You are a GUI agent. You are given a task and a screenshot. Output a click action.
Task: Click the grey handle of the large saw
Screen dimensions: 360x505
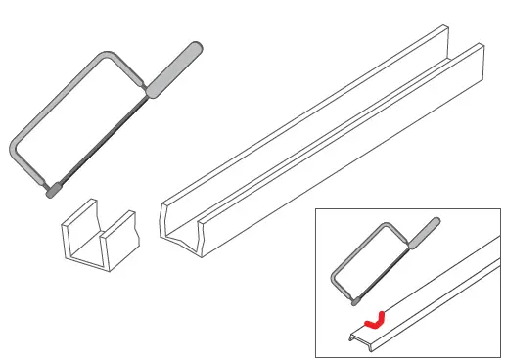click(x=176, y=67)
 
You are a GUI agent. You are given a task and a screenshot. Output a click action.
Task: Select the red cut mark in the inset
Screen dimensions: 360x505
click(x=373, y=318)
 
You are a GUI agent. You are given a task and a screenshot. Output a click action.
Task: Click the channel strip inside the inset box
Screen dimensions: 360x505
click(x=431, y=293)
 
